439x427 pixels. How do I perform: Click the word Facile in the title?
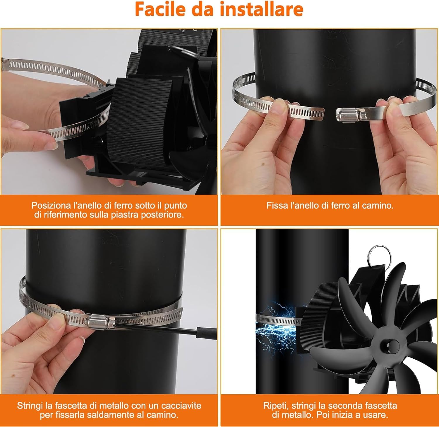point(160,9)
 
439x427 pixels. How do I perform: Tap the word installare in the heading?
point(261,9)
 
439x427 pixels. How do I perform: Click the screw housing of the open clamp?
point(350,114)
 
